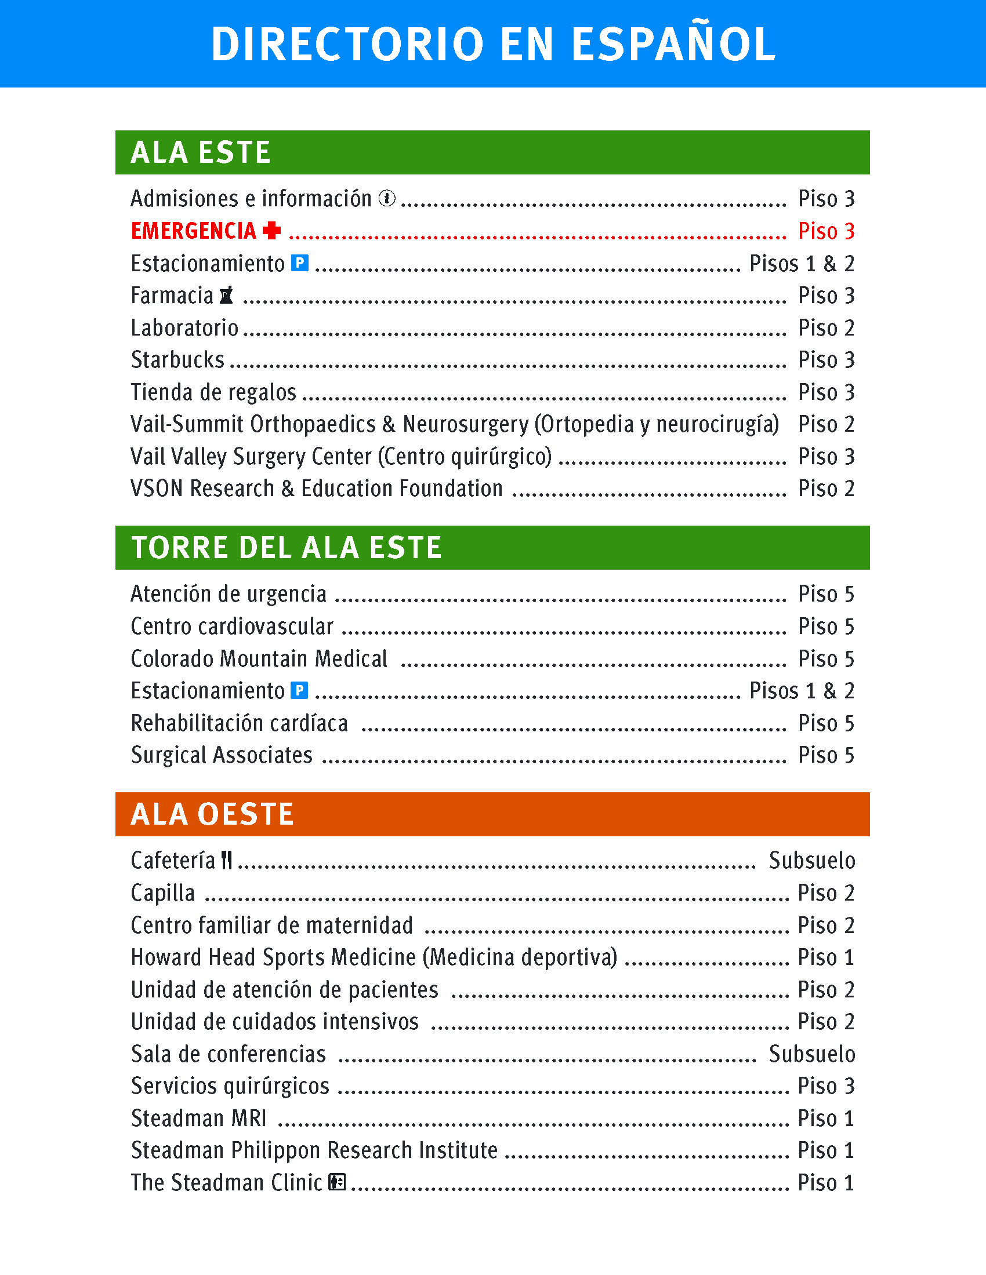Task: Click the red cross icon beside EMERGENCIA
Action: pyautogui.click(x=271, y=231)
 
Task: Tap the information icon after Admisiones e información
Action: pyautogui.click(x=387, y=198)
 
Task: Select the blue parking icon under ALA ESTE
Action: pyautogui.click(x=300, y=263)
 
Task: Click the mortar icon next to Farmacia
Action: pyautogui.click(x=227, y=296)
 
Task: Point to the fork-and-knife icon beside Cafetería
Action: pyautogui.click(x=227, y=860)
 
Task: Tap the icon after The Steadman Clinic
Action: pyautogui.click(x=338, y=1182)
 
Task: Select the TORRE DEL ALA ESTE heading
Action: pyautogui.click(x=286, y=548)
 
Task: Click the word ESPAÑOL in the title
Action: pyautogui.click(x=673, y=45)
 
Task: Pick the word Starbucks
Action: pyautogui.click(x=177, y=360)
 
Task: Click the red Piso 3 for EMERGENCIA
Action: pyautogui.click(x=826, y=231)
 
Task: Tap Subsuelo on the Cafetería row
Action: pyautogui.click(x=812, y=861)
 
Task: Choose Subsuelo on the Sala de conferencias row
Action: pyautogui.click(x=812, y=1054)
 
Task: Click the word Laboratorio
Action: pyautogui.click(x=184, y=328)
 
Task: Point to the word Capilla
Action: pyautogui.click(x=163, y=893)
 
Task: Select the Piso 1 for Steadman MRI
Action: pyautogui.click(x=826, y=1118)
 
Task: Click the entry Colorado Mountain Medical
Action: pyautogui.click(x=259, y=658)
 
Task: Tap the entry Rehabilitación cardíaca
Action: pyautogui.click(x=240, y=723)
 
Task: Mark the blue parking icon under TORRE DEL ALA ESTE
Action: pyautogui.click(x=300, y=691)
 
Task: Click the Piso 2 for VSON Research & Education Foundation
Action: pyautogui.click(x=826, y=489)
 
